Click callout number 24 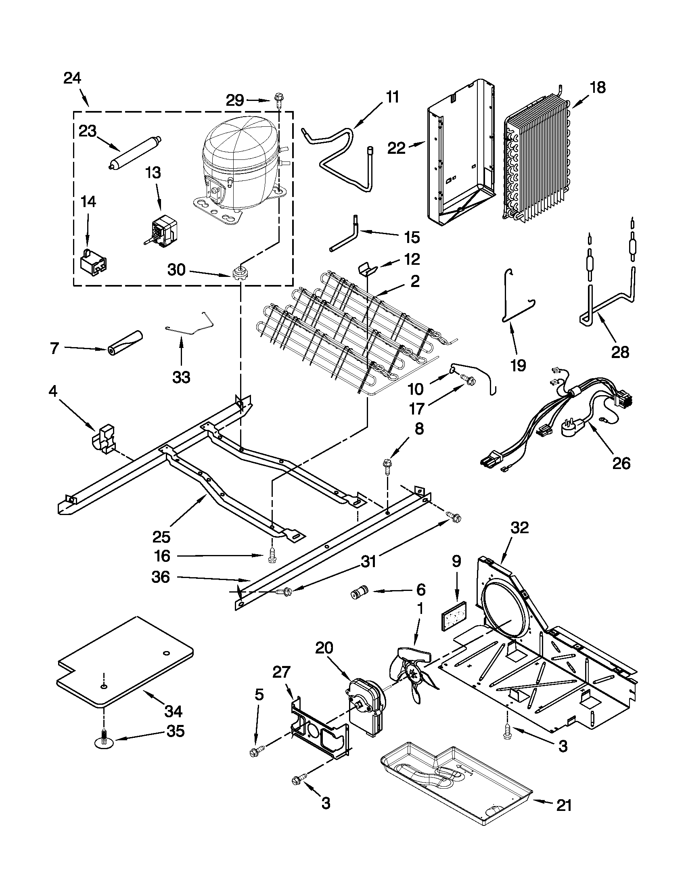click(x=72, y=78)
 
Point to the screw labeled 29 click(x=279, y=98)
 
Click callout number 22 click(x=396, y=148)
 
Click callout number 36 click(x=160, y=577)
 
